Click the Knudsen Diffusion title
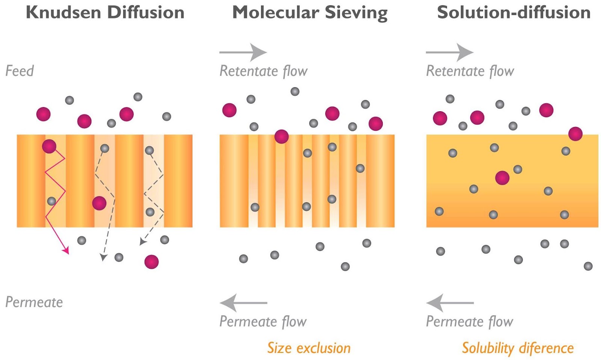coord(105,12)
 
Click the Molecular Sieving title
coord(310,12)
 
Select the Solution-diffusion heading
coord(513,12)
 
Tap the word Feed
coord(20,71)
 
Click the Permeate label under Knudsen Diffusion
coord(34,302)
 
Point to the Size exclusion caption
coord(309,348)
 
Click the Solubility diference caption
coord(518,348)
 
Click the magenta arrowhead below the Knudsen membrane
coord(66,251)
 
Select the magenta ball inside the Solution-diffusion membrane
coord(502,178)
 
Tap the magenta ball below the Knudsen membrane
coord(151,262)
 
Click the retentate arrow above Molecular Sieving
coord(243,52)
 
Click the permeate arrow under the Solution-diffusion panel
coord(450,303)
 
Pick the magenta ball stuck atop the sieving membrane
coord(281,136)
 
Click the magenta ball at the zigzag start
coord(49,146)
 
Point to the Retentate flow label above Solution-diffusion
coord(470,71)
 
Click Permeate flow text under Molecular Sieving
coord(263,322)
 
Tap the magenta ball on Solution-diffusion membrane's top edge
coord(575,134)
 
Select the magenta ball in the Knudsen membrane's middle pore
coord(99,203)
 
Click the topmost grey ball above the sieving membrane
coord(295,91)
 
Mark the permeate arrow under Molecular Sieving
coord(243,303)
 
